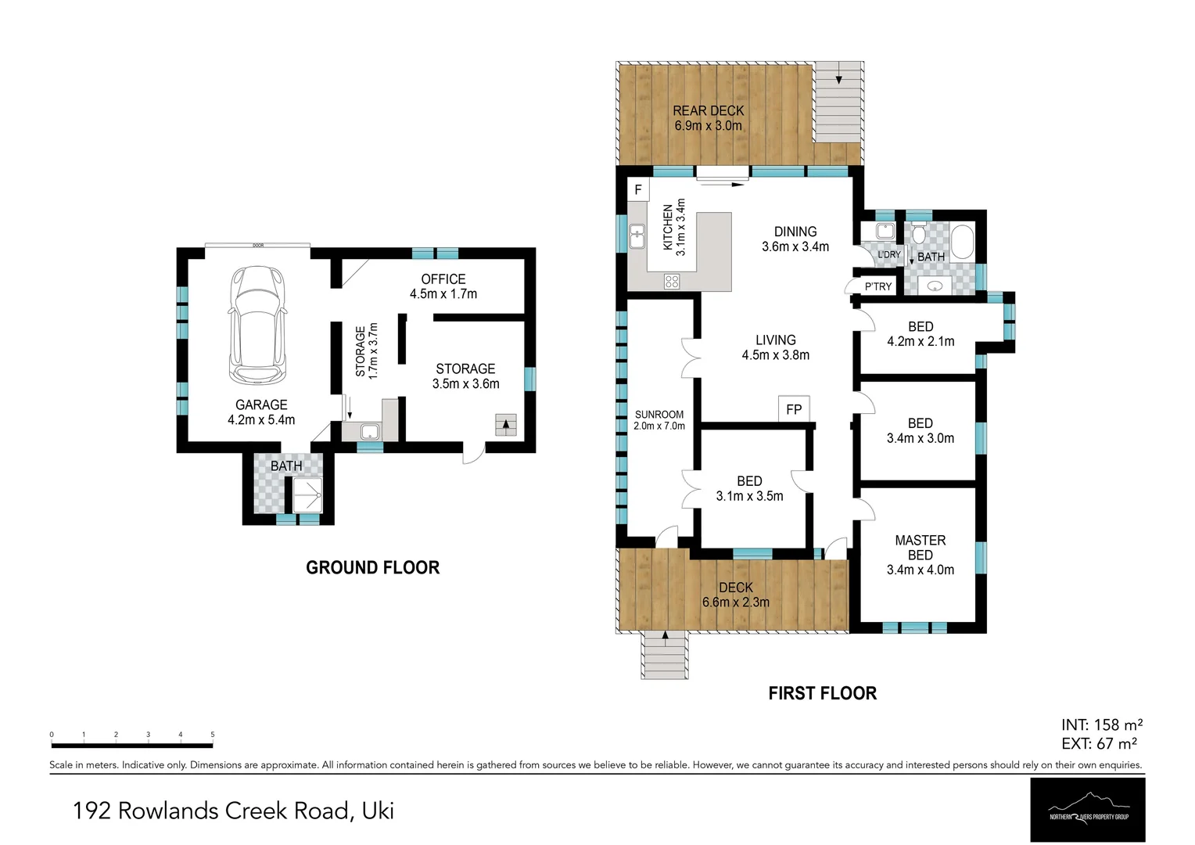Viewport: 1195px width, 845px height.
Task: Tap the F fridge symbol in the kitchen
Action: pos(638,190)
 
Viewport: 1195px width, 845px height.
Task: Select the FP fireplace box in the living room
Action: pos(794,409)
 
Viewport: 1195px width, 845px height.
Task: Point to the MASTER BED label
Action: pos(920,548)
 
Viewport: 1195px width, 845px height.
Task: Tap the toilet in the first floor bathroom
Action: pos(918,233)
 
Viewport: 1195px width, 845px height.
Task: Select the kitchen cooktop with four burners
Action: pos(672,281)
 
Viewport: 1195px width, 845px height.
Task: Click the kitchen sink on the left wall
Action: pos(637,236)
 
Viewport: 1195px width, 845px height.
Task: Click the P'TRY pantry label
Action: pos(877,287)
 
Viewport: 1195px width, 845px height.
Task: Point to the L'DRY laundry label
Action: pos(888,255)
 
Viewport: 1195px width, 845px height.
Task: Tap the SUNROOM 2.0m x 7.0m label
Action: pos(659,420)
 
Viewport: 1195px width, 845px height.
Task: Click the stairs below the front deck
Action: pos(665,656)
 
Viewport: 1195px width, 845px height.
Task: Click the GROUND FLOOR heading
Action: pos(372,568)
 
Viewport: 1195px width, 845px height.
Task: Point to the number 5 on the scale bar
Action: pos(212,735)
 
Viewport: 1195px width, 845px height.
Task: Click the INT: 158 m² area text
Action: pos(1101,725)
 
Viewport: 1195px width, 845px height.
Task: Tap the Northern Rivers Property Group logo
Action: pos(1088,810)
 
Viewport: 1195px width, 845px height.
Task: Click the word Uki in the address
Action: pos(377,811)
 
